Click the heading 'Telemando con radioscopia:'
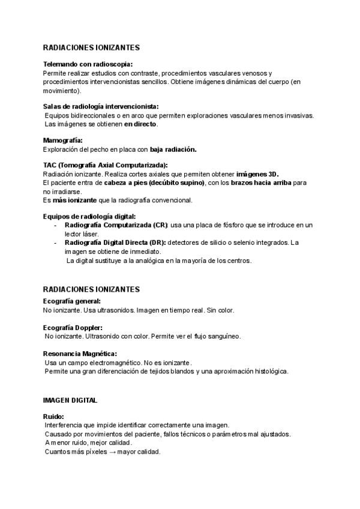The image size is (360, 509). [x=88, y=64]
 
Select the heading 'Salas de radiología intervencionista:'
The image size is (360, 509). [x=101, y=106]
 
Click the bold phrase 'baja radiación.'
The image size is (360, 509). [x=173, y=149]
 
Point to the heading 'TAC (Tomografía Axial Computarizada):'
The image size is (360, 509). [x=106, y=165]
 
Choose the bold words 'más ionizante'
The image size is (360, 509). [x=71, y=199]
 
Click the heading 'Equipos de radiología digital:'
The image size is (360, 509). [x=89, y=216]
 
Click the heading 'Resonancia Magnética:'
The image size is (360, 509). [x=80, y=354]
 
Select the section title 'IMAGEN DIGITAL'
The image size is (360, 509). [x=70, y=400]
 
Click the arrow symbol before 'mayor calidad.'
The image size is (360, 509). [x=112, y=451]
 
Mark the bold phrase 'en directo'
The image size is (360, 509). [x=140, y=124]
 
